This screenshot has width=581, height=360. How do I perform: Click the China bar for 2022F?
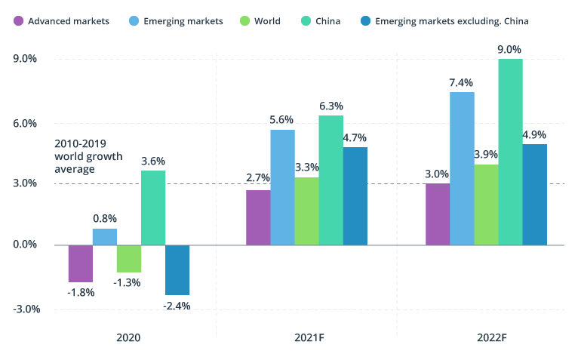pyautogui.click(x=510, y=151)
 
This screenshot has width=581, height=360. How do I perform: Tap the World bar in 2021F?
pyautogui.click(x=306, y=211)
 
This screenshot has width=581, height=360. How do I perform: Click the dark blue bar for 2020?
pyautogui.click(x=177, y=269)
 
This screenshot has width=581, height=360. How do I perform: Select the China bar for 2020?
pyautogui.click(x=153, y=208)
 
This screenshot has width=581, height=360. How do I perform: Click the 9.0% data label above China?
pyautogui.click(x=510, y=50)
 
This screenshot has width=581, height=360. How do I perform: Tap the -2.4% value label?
pyautogui.click(x=177, y=306)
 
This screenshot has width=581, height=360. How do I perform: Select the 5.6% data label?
pyautogui.click(x=281, y=119)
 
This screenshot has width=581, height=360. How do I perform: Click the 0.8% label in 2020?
pyautogui.click(x=105, y=218)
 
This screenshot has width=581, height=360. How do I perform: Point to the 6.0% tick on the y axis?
pyautogui.click(x=26, y=124)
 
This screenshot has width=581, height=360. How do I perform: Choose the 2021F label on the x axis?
pyautogui.click(x=306, y=337)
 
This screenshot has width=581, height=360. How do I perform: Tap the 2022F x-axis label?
pyautogui.click(x=487, y=337)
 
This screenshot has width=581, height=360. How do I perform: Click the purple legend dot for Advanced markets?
pyautogui.click(x=18, y=21)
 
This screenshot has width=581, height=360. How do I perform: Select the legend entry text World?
pyautogui.click(x=267, y=21)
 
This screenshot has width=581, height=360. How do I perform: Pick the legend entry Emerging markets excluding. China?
pyautogui.click(x=451, y=21)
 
